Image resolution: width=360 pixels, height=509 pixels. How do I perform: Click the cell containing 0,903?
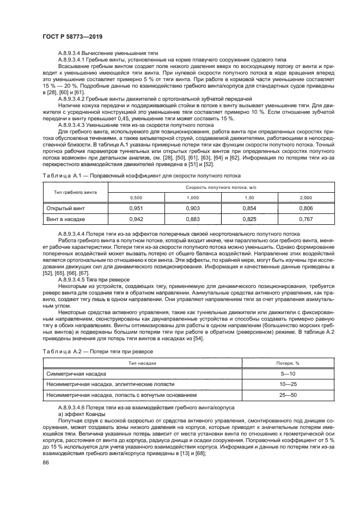pos(193,208)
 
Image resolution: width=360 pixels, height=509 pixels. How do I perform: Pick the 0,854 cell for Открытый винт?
pos(249,208)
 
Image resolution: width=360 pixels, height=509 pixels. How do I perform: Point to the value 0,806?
pos(306,208)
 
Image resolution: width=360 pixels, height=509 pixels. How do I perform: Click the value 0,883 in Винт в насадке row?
pos(193,219)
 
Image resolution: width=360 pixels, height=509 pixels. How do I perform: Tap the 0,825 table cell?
pos(249,219)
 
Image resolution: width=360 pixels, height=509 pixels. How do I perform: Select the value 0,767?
pos(306,219)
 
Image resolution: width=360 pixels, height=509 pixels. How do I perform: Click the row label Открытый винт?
pos(65,208)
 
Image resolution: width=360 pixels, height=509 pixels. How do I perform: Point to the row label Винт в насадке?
pos(66,219)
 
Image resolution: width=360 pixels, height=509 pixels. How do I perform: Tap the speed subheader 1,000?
pos(193,198)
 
